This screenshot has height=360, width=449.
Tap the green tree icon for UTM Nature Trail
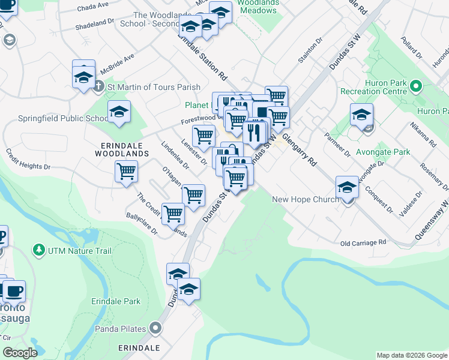click(x=39, y=248)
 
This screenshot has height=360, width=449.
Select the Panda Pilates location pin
click(x=156, y=328)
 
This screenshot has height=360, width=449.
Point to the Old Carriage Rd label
click(x=363, y=243)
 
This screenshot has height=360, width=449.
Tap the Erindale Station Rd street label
click(x=202, y=58)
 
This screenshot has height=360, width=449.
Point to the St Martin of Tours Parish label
click(x=153, y=86)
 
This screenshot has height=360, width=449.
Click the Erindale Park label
click(x=116, y=301)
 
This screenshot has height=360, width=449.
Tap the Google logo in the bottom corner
click(x=20, y=353)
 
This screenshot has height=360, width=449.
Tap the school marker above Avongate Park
click(x=361, y=115)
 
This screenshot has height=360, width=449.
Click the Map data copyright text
click(x=412, y=355)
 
